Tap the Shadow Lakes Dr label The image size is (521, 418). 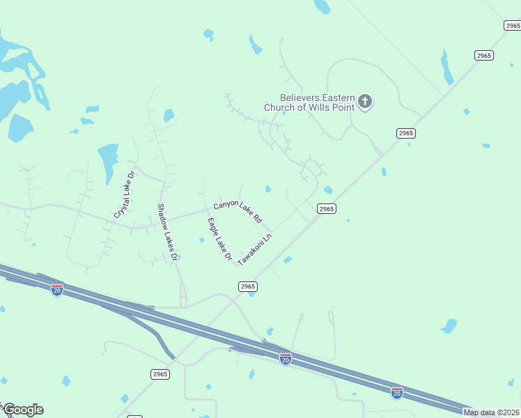click(x=166, y=232)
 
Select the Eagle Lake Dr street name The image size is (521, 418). click(x=219, y=239)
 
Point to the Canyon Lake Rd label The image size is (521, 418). click(x=238, y=211)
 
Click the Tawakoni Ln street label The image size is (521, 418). click(x=254, y=249)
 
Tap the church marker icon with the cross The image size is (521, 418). click(x=365, y=102)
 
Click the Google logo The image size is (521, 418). click(x=22, y=410)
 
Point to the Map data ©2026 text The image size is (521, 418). click(x=492, y=412)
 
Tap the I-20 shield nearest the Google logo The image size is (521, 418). click(x=57, y=289)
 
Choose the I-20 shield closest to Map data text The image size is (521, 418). click(x=397, y=393)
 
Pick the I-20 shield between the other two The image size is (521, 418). click(x=286, y=359)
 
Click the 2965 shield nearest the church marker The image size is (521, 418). click(x=406, y=133)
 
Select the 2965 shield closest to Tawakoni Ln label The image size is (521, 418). click(x=248, y=286)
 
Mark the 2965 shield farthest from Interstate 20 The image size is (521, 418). click(x=512, y=25)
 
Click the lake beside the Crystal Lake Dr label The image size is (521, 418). click(x=108, y=158)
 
